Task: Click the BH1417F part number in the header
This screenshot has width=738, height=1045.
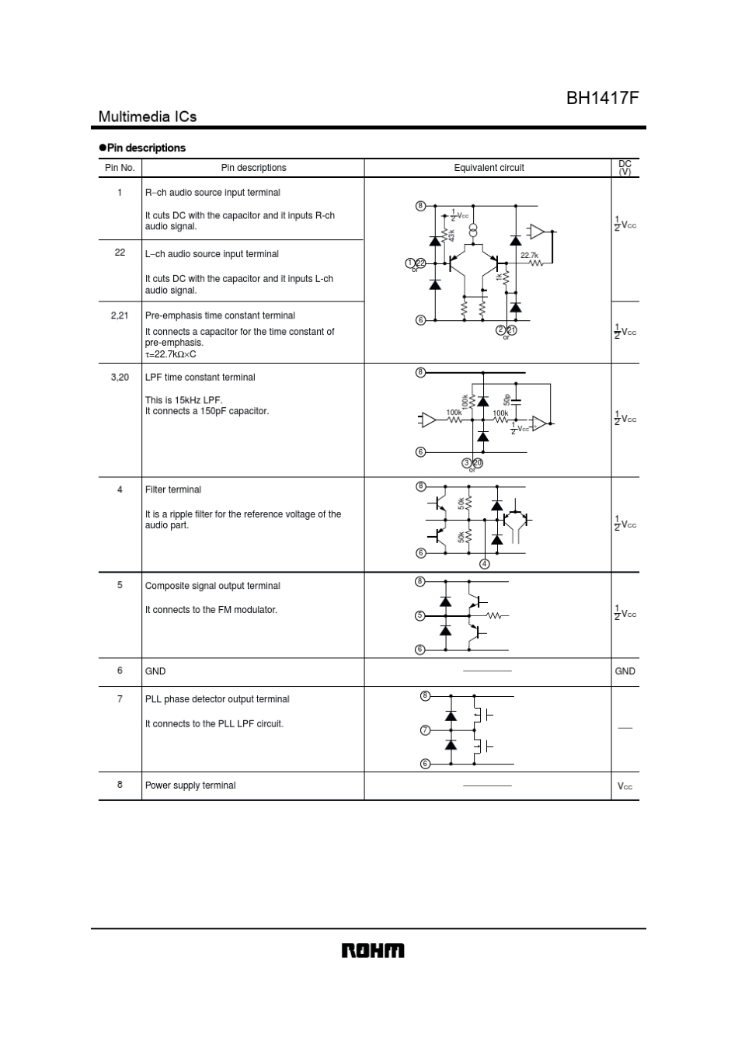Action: point(602,98)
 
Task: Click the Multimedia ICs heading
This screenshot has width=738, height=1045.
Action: point(148,117)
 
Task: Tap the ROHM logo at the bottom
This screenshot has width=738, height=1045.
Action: point(373,951)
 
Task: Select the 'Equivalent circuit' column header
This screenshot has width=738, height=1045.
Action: point(489,168)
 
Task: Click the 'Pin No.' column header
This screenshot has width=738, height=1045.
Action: point(120,168)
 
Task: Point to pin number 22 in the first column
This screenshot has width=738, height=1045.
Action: point(120,253)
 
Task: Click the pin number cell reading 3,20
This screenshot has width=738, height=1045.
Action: point(120,377)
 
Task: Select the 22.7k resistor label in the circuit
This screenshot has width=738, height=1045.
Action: point(529,255)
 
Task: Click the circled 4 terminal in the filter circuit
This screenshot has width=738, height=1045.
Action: point(485,564)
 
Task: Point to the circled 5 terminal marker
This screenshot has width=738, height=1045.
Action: point(420,615)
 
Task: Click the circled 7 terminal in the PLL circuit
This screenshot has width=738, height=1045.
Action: point(425,730)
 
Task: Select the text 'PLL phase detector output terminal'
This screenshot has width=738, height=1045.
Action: point(217,699)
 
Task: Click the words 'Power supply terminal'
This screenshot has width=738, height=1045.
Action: point(190,785)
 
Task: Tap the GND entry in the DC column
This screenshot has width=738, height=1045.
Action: point(625,671)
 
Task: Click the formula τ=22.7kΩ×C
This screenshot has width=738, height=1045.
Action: point(170,354)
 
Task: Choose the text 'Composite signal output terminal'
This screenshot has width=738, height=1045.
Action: point(212,586)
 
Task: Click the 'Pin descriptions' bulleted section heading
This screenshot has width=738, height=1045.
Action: point(146,148)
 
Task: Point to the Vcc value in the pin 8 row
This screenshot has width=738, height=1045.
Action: point(625,786)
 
